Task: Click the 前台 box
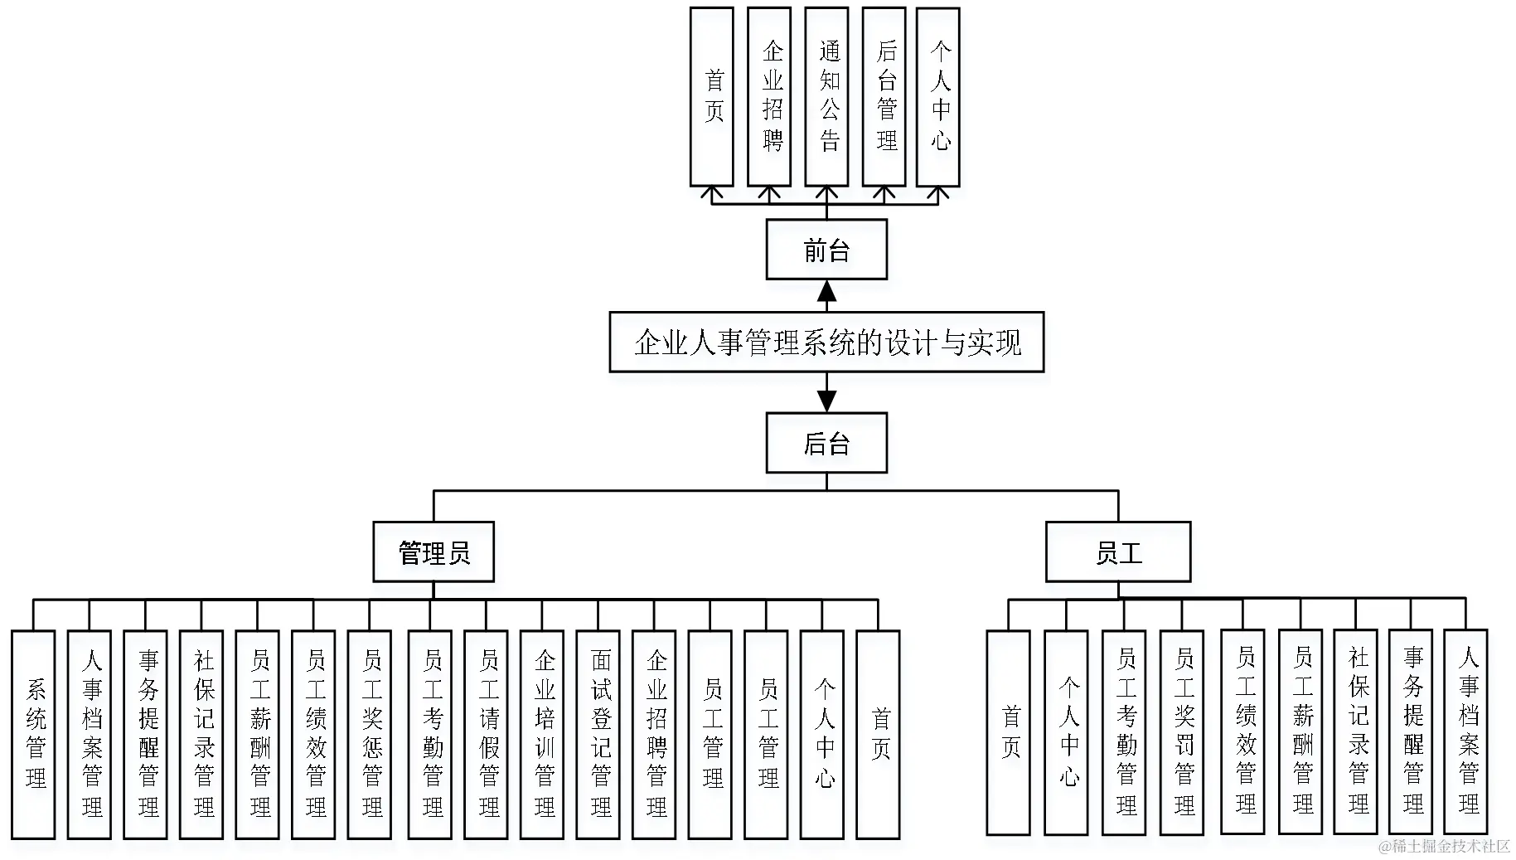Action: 826,250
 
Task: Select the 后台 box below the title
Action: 826,443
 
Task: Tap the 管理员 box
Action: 433,551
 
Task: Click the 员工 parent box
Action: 1118,551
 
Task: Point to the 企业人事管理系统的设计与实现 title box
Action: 826,342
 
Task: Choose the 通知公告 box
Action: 826,97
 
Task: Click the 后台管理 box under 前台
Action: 884,97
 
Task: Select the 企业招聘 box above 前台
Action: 769,97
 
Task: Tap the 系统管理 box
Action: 33,734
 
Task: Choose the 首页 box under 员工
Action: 1009,732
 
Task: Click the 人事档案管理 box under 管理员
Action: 90,734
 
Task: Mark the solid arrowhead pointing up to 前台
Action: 826,291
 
